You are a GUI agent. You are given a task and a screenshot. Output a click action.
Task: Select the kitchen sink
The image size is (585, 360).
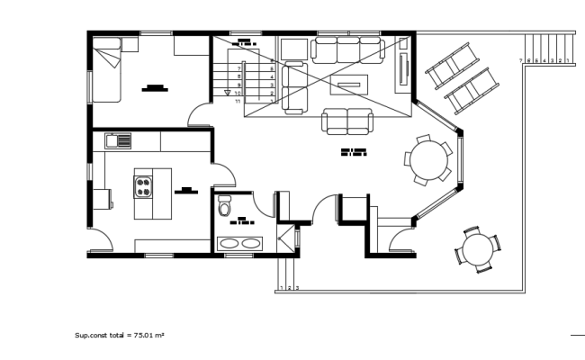coord(118,139)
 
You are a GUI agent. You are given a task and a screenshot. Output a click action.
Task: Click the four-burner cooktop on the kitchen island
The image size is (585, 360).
coord(144,187)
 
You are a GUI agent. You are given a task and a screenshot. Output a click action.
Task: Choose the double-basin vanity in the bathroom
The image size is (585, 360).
coord(240,243)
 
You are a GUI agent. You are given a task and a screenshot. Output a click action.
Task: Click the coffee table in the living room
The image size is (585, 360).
coord(348,86)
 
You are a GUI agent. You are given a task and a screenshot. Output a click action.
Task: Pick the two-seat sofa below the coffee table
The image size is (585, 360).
coord(347,121)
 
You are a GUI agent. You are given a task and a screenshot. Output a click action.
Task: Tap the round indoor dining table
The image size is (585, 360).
coord(428,159)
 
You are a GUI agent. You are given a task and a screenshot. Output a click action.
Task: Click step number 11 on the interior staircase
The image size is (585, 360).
coord(238,102)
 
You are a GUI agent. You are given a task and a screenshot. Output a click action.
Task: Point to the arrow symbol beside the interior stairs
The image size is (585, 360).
coord(226,92)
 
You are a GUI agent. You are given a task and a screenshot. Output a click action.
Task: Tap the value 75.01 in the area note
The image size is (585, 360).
coord(143,335)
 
